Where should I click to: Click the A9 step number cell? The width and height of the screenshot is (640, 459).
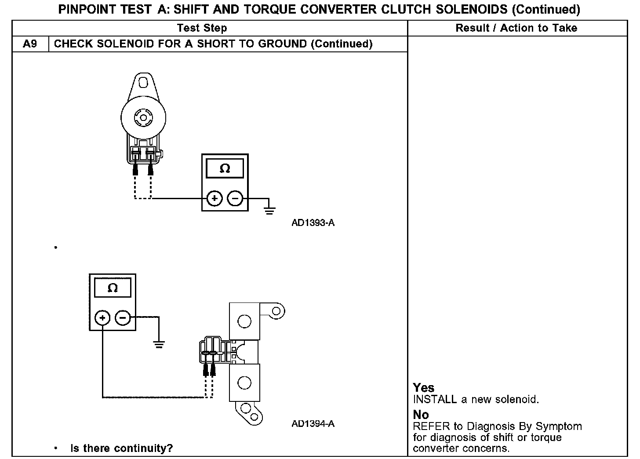(30, 44)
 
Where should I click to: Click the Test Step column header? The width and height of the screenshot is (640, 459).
(202, 28)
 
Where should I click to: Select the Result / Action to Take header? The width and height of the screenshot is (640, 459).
(516, 28)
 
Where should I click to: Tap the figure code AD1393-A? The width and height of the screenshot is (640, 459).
(313, 223)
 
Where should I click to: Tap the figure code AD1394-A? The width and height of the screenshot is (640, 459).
(313, 424)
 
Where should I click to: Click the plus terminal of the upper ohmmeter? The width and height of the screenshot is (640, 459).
(215, 199)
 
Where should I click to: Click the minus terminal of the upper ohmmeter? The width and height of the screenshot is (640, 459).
(235, 199)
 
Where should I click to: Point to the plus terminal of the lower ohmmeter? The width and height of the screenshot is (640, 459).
(102, 317)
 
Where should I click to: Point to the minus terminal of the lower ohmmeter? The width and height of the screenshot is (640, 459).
(123, 317)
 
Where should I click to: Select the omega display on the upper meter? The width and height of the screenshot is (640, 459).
(225, 169)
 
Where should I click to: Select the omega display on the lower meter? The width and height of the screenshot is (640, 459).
(113, 288)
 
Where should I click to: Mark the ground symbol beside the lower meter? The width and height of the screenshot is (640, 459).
(159, 344)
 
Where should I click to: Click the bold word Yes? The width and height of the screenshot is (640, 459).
(424, 388)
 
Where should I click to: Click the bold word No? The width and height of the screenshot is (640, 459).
(421, 415)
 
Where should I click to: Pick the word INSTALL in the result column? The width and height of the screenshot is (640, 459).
(435, 400)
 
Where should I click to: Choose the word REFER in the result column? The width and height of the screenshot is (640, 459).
(432, 426)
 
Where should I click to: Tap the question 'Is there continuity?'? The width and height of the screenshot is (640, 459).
(122, 448)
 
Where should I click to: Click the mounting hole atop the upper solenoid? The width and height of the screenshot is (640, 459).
(142, 83)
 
